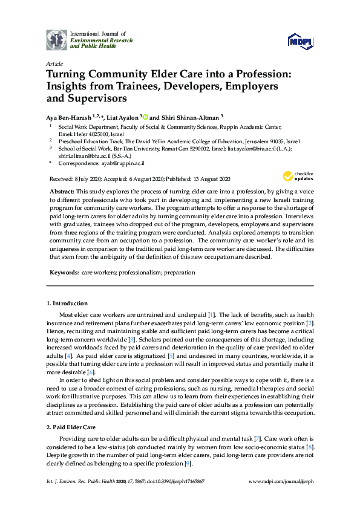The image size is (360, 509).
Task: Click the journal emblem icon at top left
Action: [57, 39]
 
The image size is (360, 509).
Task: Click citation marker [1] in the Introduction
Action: [211, 315]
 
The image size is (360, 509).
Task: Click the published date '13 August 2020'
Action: [208, 179]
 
